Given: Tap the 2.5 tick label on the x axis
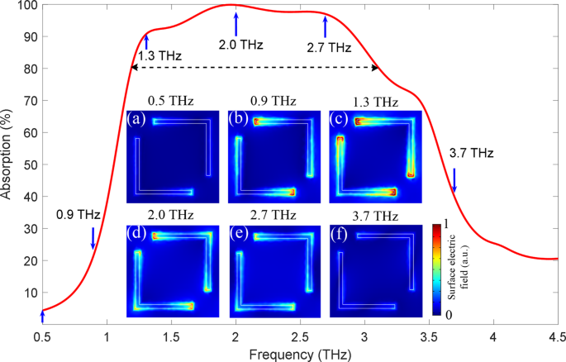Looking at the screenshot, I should point(300,337).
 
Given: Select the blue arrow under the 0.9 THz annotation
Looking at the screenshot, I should point(93,237).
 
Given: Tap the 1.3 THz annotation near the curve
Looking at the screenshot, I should point(160,56).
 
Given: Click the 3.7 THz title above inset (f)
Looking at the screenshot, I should point(375,216).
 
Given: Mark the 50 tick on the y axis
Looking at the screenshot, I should point(30,165).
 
